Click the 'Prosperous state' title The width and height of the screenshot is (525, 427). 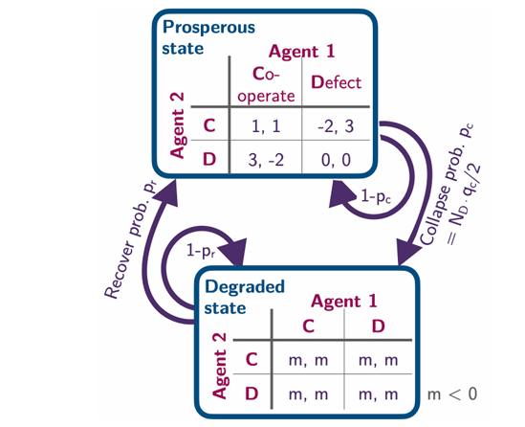tap(208, 37)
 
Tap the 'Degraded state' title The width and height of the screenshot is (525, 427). tap(245, 297)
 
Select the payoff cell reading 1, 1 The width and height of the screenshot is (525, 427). tap(266, 126)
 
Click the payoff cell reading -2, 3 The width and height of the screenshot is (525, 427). tap(336, 126)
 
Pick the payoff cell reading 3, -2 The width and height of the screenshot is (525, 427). tap(266, 160)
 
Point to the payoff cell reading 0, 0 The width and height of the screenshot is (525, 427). tap(336, 160)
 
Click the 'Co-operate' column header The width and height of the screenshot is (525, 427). tap(266, 84)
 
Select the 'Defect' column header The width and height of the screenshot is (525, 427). tap(337, 82)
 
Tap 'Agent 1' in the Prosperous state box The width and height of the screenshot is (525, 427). tap(301, 52)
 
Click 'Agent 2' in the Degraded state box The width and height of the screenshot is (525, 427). tap(220, 366)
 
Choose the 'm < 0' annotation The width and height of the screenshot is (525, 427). tap(452, 394)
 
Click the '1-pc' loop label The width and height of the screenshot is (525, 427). tap(376, 195)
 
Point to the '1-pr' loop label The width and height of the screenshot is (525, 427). tap(201, 251)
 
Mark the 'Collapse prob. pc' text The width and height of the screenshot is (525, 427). tap(447, 185)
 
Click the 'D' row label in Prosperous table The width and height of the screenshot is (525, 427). tap(209, 159)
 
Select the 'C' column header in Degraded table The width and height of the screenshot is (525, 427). tap(308, 326)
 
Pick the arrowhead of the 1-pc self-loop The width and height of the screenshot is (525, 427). tap(340, 194)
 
